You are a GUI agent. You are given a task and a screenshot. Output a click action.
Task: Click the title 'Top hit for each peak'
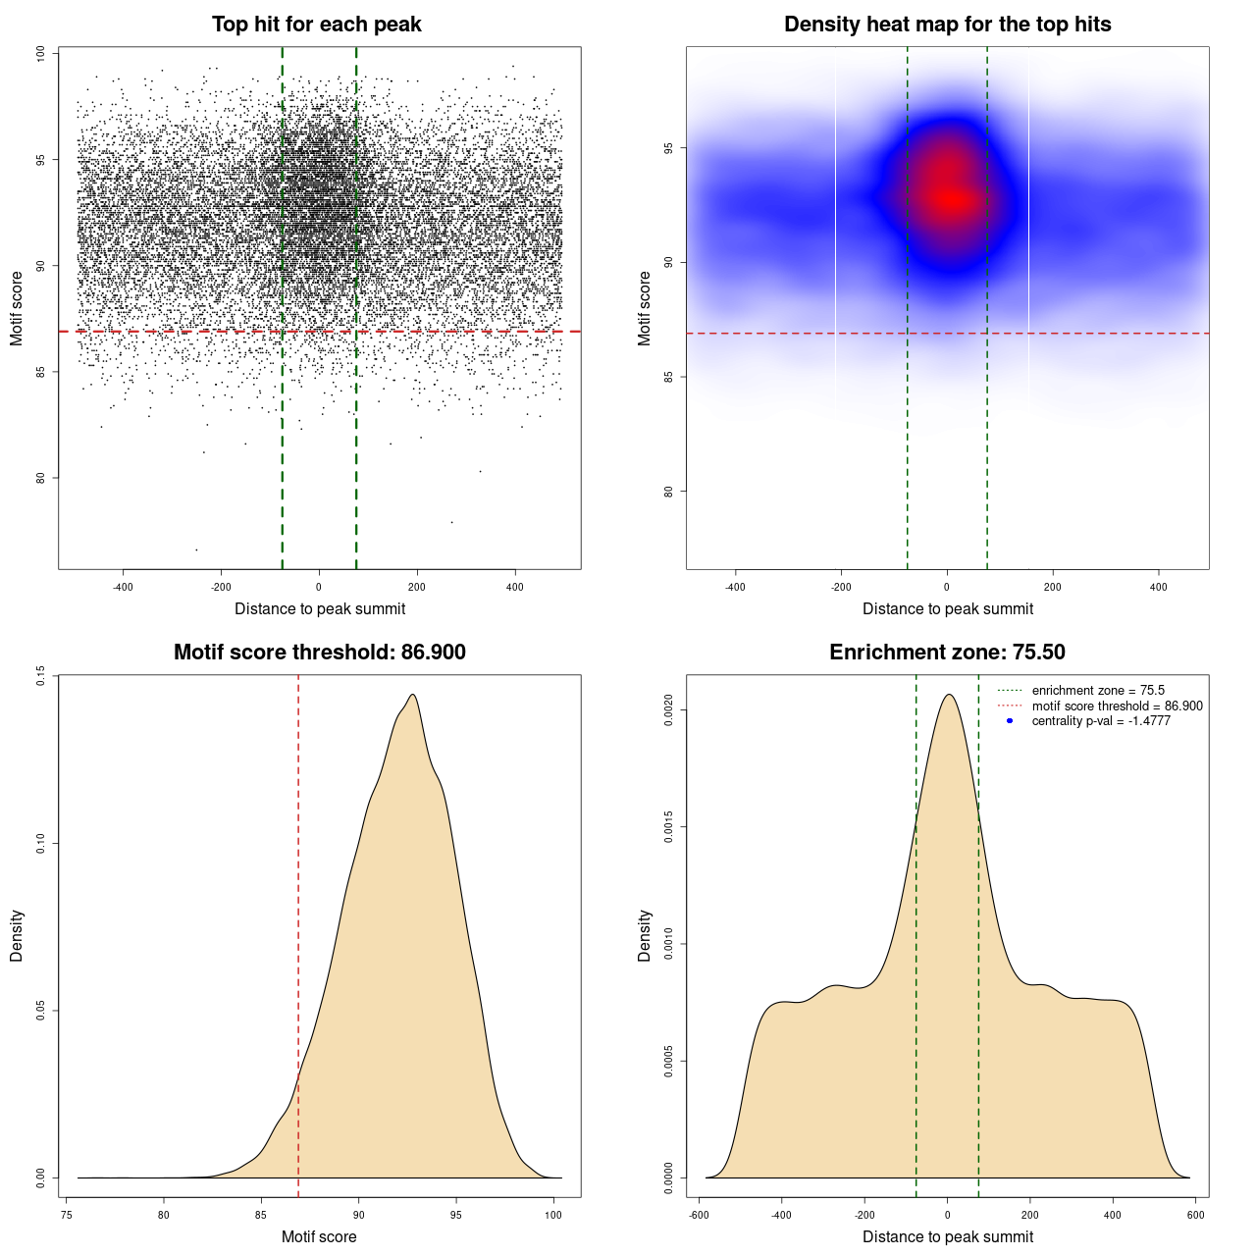[316, 25]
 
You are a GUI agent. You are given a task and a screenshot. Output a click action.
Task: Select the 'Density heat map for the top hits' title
[947, 25]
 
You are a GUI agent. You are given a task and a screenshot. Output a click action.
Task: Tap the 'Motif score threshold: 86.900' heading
[319, 653]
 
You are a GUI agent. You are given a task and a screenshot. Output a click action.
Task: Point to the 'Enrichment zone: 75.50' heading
[947, 653]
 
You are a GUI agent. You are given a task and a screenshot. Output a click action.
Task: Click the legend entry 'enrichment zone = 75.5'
[1098, 691]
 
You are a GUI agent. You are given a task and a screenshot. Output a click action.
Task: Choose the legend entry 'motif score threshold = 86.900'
[1117, 706]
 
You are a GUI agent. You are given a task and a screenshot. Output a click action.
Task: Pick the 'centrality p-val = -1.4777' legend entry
[1101, 721]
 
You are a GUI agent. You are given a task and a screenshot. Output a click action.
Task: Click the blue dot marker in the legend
[1010, 721]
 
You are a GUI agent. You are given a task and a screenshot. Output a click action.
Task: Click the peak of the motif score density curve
[413, 695]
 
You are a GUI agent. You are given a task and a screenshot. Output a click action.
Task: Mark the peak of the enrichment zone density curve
[948, 695]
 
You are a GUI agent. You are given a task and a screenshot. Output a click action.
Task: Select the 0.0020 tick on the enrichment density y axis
[669, 709]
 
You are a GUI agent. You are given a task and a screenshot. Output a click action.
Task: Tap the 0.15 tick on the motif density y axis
[40, 676]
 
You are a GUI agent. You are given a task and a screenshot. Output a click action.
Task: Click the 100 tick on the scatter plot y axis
[40, 54]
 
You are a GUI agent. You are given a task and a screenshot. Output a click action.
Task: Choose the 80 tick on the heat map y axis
[669, 492]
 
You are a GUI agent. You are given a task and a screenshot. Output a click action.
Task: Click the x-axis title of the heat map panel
[947, 609]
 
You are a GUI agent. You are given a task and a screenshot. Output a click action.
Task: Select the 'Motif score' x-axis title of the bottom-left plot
[319, 1237]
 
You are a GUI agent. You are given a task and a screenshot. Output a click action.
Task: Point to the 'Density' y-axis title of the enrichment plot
[645, 935]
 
